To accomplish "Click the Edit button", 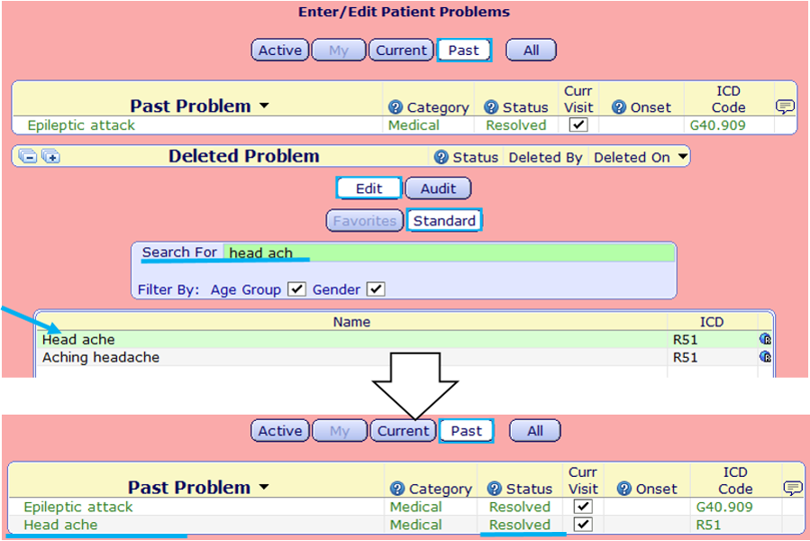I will [x=369, y=188].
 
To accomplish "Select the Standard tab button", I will [x=444, y=220].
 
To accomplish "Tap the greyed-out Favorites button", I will [x=364, y=220].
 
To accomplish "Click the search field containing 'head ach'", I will [x=449, y=253].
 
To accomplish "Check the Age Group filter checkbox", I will [x=296, y=289].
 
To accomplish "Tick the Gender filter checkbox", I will [x=376, y=289].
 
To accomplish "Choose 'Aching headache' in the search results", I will [x=101, y=357].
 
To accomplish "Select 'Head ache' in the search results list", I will [x=78, y=340].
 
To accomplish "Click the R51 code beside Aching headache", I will [x=685, y=357].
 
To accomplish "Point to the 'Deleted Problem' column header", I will [x=243, y=157].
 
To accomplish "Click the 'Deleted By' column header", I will [x=545, y=157].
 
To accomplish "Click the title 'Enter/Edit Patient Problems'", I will [x=404, y=12].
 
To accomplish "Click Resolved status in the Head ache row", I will [x=519, y=525].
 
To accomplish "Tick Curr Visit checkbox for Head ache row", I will [x=584, y=524].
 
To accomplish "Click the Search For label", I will [x=179, y=252].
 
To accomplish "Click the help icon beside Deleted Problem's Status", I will [x=441, y=157].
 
